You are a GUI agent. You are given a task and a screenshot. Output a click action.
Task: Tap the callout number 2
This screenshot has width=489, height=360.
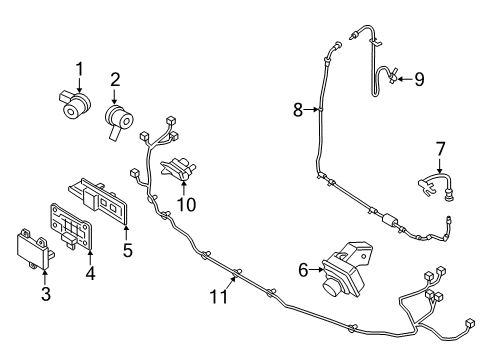115,79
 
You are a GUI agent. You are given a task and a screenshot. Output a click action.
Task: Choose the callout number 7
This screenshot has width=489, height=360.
439,150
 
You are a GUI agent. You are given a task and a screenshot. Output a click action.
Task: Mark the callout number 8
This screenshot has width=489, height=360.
297,111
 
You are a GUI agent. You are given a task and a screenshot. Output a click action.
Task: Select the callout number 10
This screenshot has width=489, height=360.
184,205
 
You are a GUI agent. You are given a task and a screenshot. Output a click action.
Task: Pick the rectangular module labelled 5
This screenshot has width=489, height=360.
104,199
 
